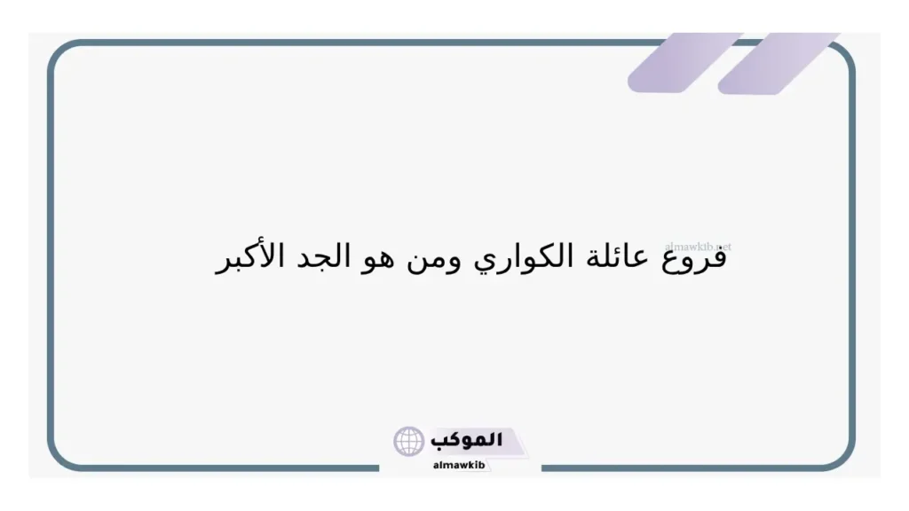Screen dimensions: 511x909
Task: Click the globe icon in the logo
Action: (409, 441)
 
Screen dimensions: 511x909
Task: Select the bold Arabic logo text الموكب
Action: (466, 440)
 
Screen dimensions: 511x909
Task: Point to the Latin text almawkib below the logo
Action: (460, 465)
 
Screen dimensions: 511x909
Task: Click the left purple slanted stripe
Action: (685, 62)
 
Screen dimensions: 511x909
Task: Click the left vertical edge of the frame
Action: (51, 257)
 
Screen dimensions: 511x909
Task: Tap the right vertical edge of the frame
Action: (852, 257)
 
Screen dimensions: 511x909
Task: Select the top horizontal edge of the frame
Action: (355, 43)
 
